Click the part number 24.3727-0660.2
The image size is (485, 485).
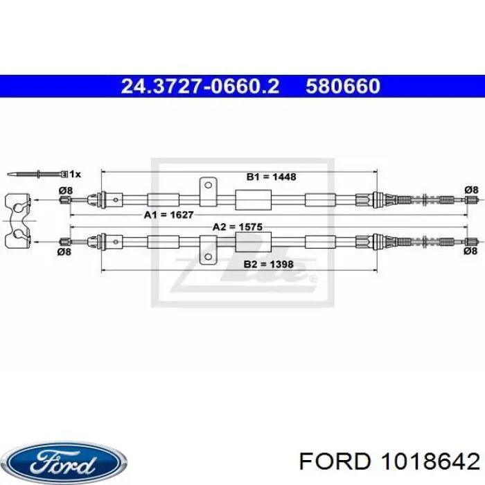tap(200, 87)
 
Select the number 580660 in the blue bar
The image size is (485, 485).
tap(343, 87)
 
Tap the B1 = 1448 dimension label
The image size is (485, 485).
tap(271, 177)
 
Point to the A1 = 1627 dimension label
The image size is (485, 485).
tap(168, 215)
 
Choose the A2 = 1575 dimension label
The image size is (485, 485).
tap(237, 227)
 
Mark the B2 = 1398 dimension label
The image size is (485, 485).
tap(269, 264)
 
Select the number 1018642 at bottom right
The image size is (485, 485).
tap(430, 462)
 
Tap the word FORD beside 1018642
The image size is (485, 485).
tap(335, 462)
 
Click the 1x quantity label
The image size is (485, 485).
tap(75, 175)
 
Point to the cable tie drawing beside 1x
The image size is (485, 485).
tap(37, 174)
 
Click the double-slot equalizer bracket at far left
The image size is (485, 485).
tap(17, 220)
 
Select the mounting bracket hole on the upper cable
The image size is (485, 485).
tap(208, 185)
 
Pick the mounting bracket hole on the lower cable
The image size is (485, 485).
tap(208, 257)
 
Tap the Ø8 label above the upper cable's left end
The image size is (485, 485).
tap(66, 191)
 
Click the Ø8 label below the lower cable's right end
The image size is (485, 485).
tap(470, 251)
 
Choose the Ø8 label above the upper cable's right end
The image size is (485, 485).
tap(471, 190)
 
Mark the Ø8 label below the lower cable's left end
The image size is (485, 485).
tap(64, 252)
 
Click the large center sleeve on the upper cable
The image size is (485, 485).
tap(254, 200)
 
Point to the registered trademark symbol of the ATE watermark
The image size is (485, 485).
tap(313, 279)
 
